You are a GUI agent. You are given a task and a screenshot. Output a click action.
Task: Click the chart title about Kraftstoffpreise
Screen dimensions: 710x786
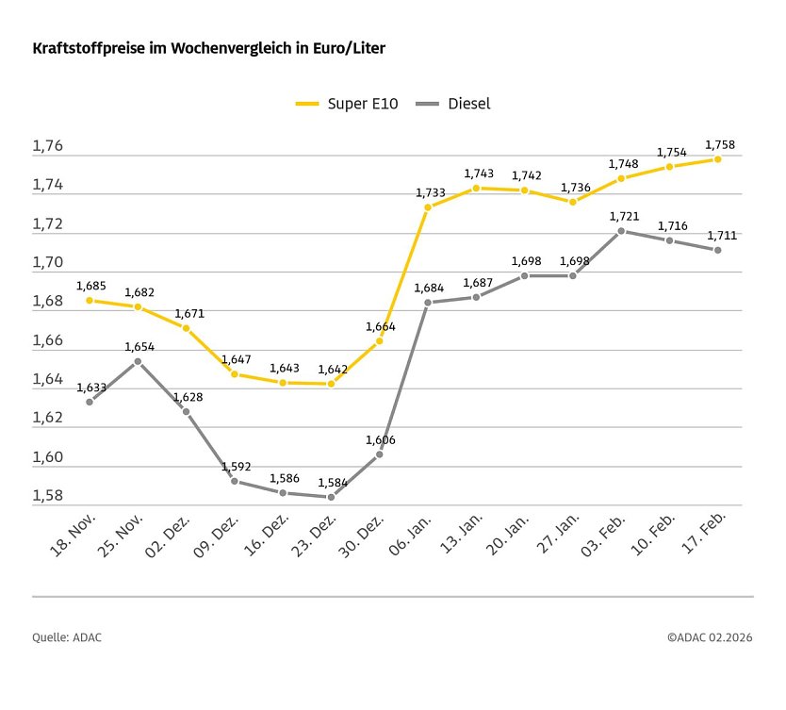208,46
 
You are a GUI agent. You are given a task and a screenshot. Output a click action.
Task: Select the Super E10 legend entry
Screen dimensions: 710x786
347,104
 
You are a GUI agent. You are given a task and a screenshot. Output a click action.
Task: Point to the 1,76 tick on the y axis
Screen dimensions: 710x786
47,147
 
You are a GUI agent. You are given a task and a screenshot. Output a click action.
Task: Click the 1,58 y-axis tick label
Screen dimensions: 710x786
47,496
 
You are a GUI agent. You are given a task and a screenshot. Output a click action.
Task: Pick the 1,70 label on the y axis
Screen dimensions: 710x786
47,263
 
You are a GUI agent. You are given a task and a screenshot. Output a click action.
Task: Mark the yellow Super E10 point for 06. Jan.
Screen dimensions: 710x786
427,207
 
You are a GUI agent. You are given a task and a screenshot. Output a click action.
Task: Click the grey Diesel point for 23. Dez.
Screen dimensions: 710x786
331,497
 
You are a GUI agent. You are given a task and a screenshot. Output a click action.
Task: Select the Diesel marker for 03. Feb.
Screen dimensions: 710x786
621,231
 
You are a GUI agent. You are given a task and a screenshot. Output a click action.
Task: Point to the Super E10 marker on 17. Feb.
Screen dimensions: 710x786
718,159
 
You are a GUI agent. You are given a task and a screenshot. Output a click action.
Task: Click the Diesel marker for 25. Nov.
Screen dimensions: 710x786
138,361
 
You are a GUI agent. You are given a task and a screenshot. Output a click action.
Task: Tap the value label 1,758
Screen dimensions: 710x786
720,145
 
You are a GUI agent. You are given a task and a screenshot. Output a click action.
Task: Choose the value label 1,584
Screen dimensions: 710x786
333,483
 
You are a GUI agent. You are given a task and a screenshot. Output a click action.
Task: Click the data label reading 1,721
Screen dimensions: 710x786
624,217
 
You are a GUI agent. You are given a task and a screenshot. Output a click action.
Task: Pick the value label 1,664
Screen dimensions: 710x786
381,327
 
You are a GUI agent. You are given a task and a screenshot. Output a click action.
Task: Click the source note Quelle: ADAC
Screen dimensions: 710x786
67,638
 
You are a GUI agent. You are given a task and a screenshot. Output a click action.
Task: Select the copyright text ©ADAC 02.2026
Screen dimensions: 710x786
710,638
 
